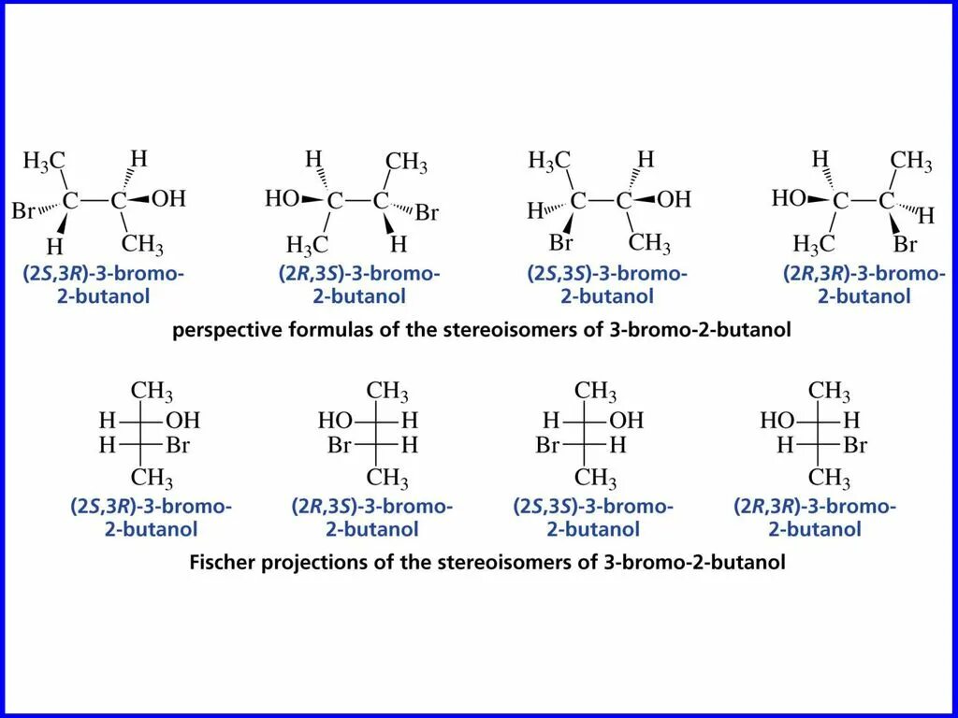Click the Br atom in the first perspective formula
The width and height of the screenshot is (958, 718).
click(x=23, y=210)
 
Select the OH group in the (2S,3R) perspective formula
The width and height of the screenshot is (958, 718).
click(x=169, y=198)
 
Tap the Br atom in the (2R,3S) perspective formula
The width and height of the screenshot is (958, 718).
click(x=427, y=213)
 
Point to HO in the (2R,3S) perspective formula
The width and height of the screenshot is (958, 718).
click(x=282, y=198)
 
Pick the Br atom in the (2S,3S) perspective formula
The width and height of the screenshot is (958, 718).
click(x=560, y=244)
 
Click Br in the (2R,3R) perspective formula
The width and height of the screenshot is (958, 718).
click(x=905, y=245)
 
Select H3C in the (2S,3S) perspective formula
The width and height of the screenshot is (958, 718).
click(x=549, y=161)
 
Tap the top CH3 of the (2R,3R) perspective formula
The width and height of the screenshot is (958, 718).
click(x=910, y=161)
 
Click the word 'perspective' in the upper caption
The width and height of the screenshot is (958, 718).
click(x=224, y=331)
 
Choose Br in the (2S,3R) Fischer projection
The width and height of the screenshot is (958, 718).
click(x=178, y=445)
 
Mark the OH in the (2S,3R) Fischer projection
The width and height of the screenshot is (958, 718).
click(x=182, y=420)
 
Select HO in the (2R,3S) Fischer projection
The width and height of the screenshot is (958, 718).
click(x=334, y=420)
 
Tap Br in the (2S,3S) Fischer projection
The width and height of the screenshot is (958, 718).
click(x=547, y=445)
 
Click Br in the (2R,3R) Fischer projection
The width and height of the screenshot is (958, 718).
click(x=855, y=445)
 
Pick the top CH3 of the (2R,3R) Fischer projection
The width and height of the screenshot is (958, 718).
click(x=829, y=391)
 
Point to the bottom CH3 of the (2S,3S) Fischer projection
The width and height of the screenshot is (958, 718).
click(x=595, y=479)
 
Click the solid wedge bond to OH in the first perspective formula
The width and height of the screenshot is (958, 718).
click(x=138, y=199)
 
